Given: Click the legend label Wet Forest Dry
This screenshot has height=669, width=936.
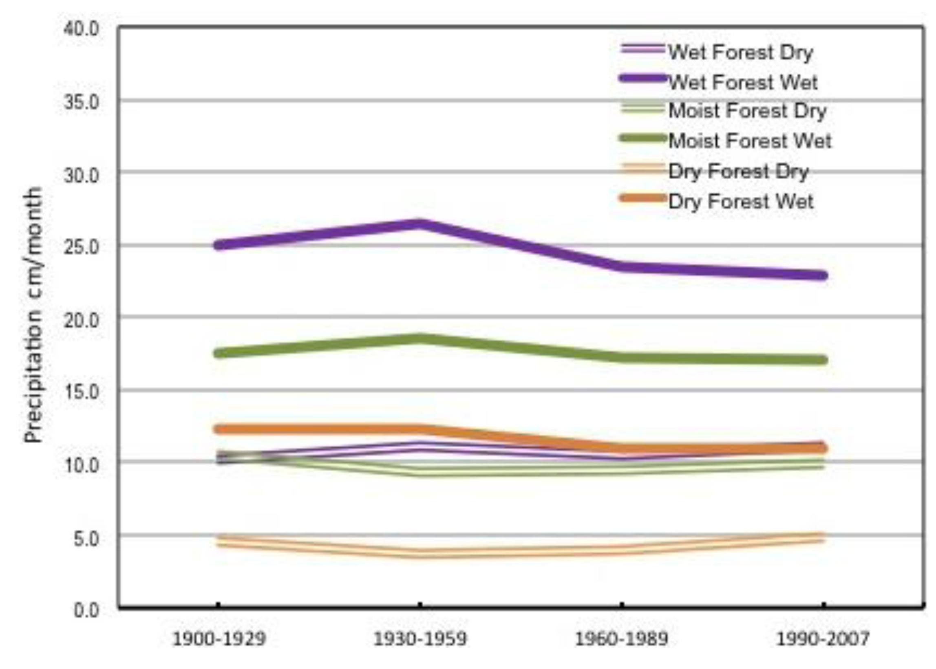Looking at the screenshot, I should point(740,52).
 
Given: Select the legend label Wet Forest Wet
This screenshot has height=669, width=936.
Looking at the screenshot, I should point(742,82).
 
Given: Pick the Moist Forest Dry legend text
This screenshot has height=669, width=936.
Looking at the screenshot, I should point(747,111).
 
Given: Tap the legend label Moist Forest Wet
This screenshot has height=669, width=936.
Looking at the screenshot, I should point(749,141).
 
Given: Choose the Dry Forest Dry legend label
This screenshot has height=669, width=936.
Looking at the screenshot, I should point(738,172).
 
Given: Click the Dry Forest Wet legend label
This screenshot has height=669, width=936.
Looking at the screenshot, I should point(741,201).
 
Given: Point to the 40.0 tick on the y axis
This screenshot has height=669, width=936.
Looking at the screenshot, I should point(82,29).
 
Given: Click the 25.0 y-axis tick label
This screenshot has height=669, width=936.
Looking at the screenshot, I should point(82,247).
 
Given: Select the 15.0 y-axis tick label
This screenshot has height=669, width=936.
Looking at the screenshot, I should point(82,392).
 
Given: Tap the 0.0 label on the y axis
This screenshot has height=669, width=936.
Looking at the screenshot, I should point(86,610).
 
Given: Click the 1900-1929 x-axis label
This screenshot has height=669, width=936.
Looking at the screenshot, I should point(218,639).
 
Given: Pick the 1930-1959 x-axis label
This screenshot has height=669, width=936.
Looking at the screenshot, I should point(419,639).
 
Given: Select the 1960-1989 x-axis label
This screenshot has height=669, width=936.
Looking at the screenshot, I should point(621,639).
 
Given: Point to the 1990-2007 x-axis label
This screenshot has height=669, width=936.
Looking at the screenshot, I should point(823,639).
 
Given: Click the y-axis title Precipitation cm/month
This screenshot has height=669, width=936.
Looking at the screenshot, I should point(33,315).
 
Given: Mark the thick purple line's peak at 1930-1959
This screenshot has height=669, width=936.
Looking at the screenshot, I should point(419,224).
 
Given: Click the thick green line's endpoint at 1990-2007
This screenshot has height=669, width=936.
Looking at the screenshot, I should point(823,360).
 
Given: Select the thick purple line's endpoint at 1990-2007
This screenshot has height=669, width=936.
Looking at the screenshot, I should point(823,275).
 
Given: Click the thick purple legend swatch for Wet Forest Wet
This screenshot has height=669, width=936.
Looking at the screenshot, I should point(643,78).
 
